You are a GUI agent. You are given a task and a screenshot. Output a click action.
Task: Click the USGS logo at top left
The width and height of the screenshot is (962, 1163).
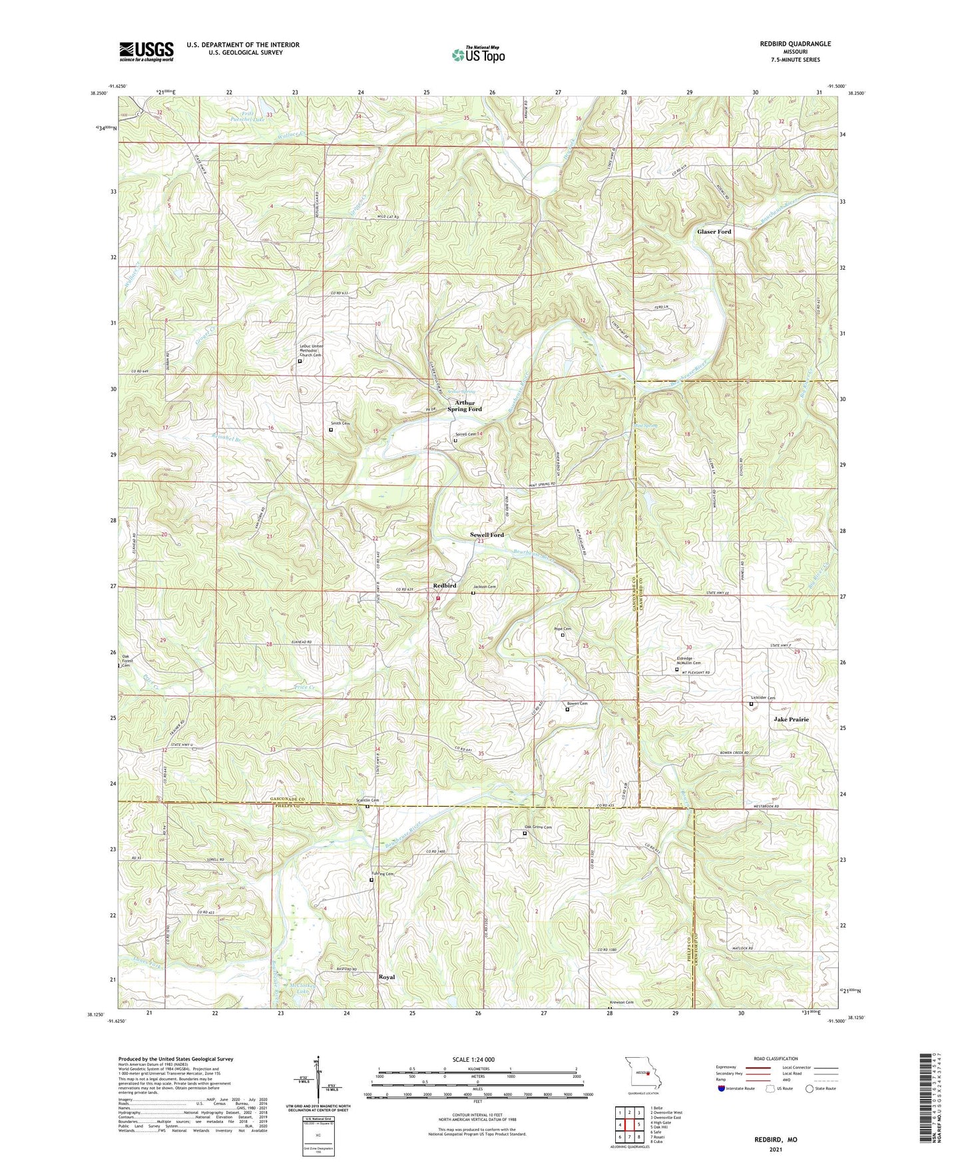146,51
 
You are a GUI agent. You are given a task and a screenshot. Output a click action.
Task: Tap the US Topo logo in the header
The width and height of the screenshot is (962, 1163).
477,55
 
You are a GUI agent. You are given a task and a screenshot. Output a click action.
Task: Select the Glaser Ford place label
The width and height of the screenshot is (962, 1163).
714,232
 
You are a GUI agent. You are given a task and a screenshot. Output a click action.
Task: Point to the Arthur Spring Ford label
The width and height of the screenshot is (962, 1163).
468,406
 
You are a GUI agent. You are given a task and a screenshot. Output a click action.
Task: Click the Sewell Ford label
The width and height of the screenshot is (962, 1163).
487,535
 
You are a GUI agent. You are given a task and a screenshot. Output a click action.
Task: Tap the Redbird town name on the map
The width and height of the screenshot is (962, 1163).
444,585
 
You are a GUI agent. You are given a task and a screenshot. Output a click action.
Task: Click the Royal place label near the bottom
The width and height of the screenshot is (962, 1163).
386,977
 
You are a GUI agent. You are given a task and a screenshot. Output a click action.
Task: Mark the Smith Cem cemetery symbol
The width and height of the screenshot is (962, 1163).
331,430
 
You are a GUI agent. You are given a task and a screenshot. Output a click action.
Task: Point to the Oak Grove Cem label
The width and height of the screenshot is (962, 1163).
539,827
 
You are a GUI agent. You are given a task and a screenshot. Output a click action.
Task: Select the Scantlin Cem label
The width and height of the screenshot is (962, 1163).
367,800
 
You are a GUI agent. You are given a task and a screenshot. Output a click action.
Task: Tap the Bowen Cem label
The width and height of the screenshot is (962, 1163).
577,703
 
